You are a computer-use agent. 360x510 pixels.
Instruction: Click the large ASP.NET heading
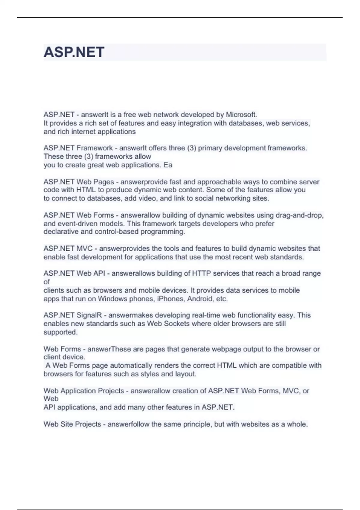click(x=74, y=52)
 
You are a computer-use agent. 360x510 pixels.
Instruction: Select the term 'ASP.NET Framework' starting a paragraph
click(x=78, y=148)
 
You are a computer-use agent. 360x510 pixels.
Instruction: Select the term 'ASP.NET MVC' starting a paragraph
click(x=68, y=248)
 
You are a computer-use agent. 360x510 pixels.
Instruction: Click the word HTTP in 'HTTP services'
click(x=201, y=273)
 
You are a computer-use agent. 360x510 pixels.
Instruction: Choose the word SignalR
click(x=89, y=315)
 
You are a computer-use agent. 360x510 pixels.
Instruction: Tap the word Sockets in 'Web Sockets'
click(x=177, y=324)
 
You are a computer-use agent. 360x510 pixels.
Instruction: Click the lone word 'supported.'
click(x=61, y=332)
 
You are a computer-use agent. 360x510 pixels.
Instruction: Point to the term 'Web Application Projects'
click(x=84, y=391)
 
